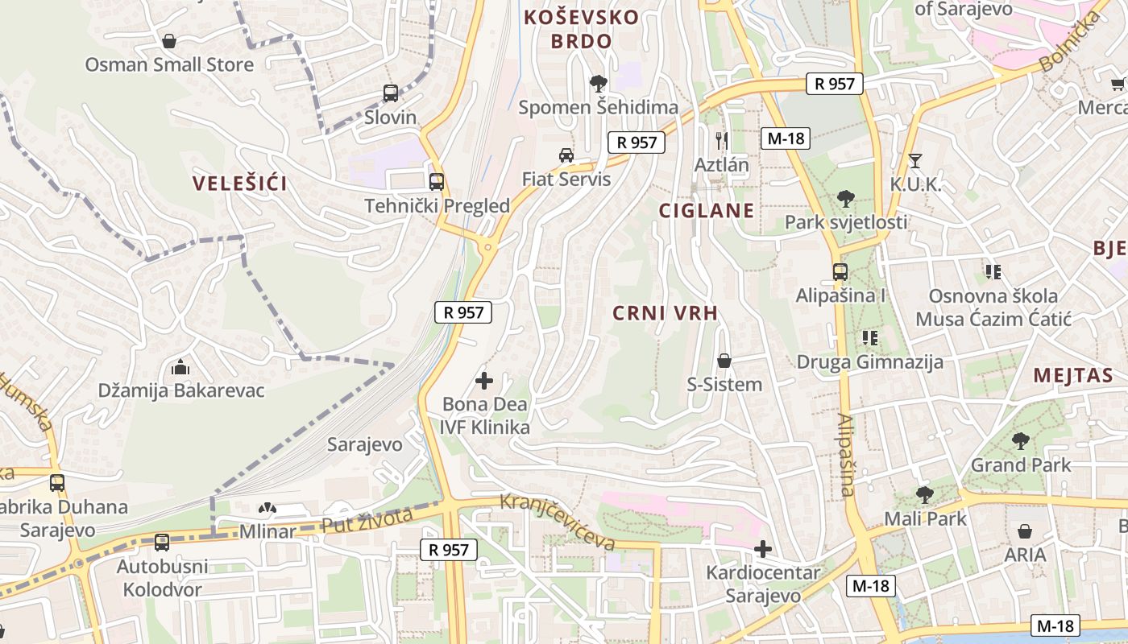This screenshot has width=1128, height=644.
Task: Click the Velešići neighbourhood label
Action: pos(240,184)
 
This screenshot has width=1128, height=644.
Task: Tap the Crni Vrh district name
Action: pos(665,313)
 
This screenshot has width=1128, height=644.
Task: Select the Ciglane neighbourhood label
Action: pos(707,211)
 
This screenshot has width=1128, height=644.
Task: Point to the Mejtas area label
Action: pos(1072,375)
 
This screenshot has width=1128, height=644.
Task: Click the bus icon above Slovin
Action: pos(391,93)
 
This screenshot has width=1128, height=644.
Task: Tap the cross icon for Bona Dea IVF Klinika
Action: pos(484,380)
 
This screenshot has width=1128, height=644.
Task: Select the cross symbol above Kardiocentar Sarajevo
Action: pos(762,550)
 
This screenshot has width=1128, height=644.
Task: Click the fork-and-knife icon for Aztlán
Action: pos(722,141)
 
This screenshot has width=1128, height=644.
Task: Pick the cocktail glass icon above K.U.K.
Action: pos(914,161)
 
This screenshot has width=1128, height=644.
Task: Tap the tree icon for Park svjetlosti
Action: pos(845,198)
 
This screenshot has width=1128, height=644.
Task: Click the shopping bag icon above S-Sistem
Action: pos(724,361)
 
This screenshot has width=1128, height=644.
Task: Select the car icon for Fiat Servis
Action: pos(566,155)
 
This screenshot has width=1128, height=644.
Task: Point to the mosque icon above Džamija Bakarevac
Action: pos(180,367)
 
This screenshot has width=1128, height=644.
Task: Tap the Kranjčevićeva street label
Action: pos(558,522)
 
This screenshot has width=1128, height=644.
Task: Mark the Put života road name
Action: pos(367,519)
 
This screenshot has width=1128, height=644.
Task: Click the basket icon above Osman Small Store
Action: pos(169,41)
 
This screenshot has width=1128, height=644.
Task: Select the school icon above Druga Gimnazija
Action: pos(869,338)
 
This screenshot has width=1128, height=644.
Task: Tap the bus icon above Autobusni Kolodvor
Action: pos(162,543)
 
